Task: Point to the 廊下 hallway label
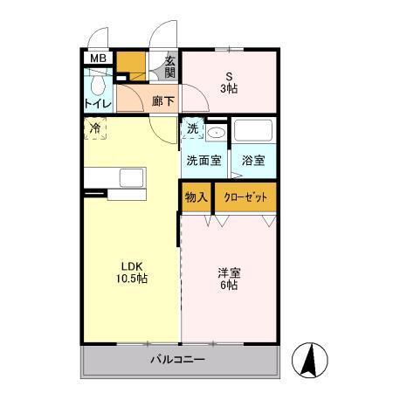click(162, 100)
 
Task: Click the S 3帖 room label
click(230, 80)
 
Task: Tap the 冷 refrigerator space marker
click(95, 128)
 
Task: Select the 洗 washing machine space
click(192, 129)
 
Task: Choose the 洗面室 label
click(203, 161)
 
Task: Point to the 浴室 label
click(253, 161)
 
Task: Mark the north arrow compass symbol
click(312, 357)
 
